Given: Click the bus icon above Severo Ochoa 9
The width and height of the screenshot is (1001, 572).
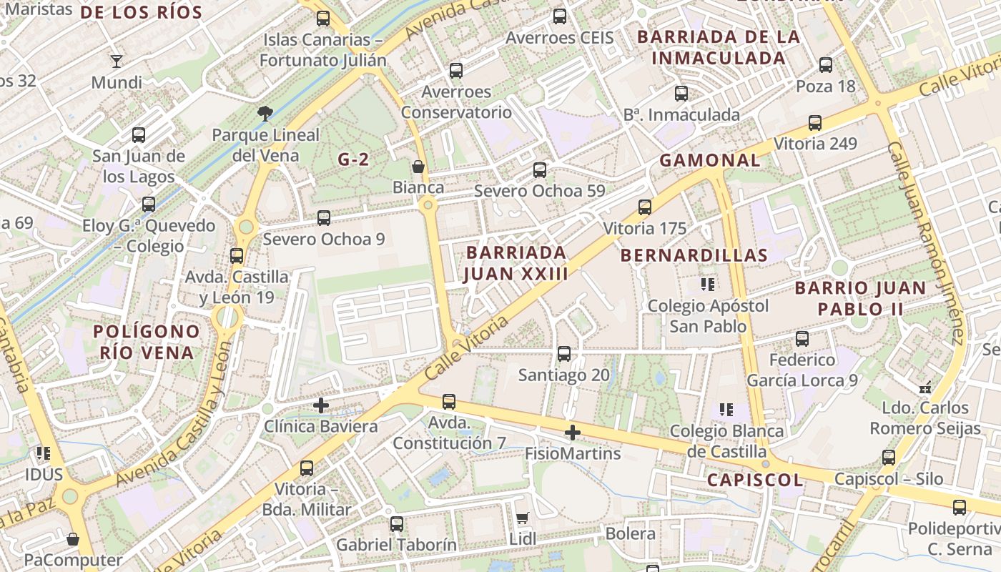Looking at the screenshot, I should pyautogui.click(x=324, y=217).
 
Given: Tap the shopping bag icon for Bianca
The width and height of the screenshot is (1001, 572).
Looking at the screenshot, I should pyautogui.click(x=418, y=167).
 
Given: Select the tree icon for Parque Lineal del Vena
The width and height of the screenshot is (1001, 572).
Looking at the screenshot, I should pyautogui.click(x=265, y=113).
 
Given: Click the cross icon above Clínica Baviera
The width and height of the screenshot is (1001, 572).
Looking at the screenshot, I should pyautogui.click(x=321, y=405).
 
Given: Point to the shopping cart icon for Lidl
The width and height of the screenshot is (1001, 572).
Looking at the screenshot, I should pyautogui.click(x=522, y=518).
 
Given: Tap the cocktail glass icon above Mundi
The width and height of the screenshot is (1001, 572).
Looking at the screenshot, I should pyautogui.click(x=117, y=61).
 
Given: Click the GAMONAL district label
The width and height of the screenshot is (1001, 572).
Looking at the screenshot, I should pyautogui.click(x=709, y=160).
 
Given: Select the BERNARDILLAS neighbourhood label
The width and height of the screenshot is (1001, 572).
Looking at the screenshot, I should pyautogui.click(x=694, y=255).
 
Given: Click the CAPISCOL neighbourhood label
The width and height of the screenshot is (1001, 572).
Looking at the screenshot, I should pyautogui.click(x=754, y=480).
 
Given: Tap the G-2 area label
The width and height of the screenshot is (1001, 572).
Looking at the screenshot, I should pyautogui.click(x=353, y=159).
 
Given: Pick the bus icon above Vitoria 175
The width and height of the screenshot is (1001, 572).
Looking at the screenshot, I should pyautogui.click(x=645, y=207).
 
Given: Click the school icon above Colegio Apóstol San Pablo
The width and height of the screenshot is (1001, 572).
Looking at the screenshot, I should pyautogui.click(x=708, y=285).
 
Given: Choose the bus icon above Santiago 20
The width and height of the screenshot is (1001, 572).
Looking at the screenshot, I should pyautogui.click(x=564, y=354).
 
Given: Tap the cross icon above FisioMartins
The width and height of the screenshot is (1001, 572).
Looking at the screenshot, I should pyautogui.click(x=572, y=433).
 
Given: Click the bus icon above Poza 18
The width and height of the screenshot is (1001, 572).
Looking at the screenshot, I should pyautogui.click(x=826, y=65).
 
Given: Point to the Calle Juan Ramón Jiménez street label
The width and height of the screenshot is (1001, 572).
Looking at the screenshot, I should pyautogui.click(x=927, y=243).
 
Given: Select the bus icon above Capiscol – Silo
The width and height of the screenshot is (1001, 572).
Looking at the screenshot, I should pyautogui.click(x=889, y=458).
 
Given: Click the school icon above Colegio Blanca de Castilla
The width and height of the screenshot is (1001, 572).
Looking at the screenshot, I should pyautogui.click(x=726, y=410).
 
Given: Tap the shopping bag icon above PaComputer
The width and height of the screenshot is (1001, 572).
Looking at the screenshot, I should pyautogui.click(x=72, y=539).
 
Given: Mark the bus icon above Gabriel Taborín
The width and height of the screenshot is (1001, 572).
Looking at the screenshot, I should pyautogui.click(x=397, y=524).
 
